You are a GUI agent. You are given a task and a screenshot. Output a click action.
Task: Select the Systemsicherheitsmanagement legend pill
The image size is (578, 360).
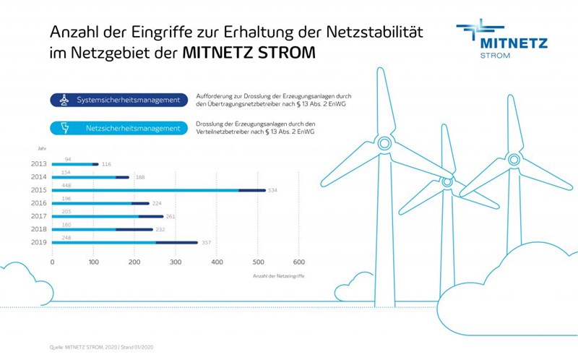coord(116,100)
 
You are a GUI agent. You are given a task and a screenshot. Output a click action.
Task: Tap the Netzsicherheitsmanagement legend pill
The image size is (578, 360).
coord(116,129)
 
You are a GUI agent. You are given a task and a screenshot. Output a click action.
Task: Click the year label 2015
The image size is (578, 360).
coord(39,190)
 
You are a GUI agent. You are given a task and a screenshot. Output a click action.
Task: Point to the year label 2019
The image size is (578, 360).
coord(39,242)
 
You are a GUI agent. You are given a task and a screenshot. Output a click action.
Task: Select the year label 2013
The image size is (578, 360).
coord(39,164)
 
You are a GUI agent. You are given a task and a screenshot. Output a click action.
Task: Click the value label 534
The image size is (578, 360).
coord(273,191)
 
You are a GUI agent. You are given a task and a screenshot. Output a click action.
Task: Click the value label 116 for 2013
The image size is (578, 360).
coord(107,165)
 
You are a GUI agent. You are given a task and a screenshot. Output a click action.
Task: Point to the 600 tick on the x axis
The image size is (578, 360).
coord(299,262)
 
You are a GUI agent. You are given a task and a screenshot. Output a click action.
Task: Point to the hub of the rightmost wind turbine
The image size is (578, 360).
coord(514,159)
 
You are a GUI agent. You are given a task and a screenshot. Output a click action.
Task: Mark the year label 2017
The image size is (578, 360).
coord(39,216)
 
